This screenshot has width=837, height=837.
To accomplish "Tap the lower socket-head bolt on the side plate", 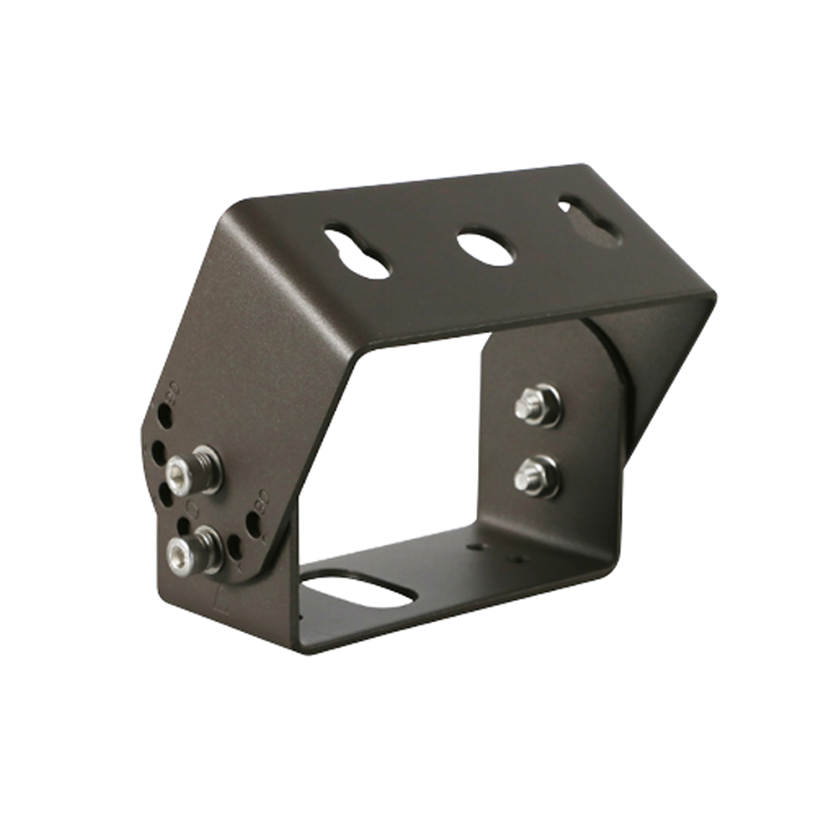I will [181, 555].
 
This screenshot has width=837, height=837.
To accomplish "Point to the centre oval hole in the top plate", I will [485, 249].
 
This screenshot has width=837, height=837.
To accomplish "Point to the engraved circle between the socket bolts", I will [193, 510].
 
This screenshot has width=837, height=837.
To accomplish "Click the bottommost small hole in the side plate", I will [235, 547].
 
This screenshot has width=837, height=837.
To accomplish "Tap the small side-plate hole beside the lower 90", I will [252, 525].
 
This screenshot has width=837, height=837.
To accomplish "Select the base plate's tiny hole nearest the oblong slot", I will [475, 547].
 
